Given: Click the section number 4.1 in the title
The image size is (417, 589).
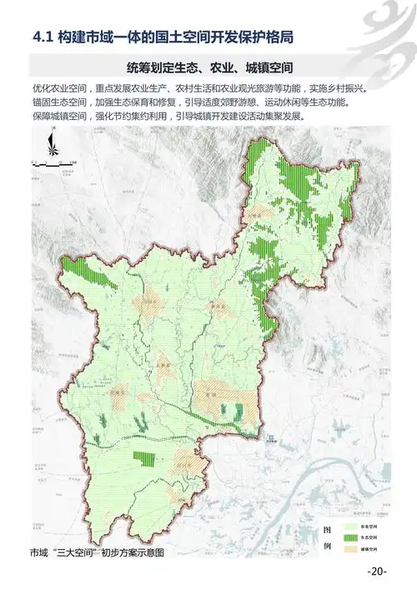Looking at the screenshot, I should click(41, 37).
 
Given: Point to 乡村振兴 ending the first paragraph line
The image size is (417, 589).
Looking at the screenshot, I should click(369, 88).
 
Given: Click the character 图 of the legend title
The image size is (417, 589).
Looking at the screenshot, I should click(328, 530).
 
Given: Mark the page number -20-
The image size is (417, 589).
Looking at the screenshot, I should click(377, 572).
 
